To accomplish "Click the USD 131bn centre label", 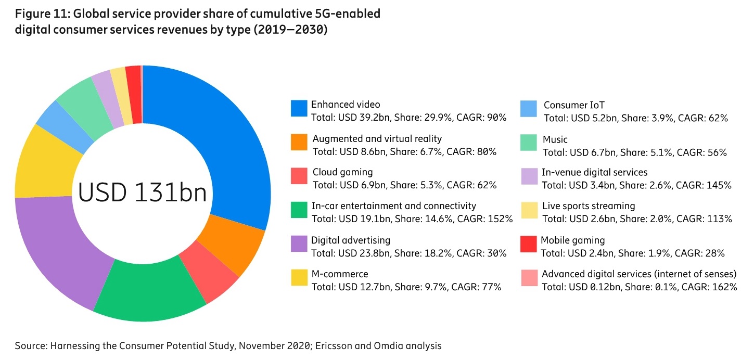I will click(142, 193).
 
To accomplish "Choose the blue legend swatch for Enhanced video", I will click(299, 108).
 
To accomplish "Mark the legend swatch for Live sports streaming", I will click(529, 210).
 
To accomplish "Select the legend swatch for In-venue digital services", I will click(529, 176).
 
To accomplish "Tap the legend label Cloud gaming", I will click(342, 172).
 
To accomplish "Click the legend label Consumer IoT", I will click(574, 106).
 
